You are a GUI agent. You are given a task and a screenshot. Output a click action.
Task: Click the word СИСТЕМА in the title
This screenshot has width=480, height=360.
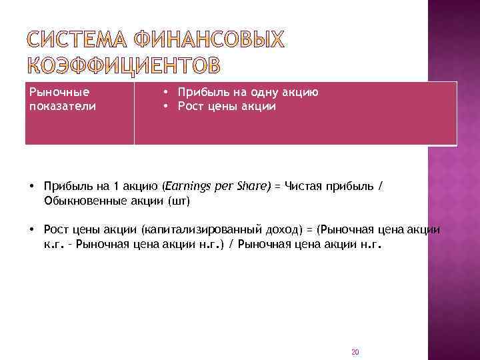click(77, 41)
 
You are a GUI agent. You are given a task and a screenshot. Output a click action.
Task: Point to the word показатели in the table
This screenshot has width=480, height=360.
click(62, 106)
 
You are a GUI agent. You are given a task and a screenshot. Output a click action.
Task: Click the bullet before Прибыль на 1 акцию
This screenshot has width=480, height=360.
click(32, 187)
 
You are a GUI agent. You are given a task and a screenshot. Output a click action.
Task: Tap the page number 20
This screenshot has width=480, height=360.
click(355, 351)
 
